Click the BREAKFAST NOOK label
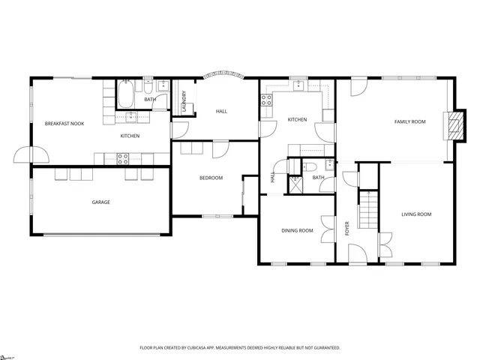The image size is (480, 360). point(64,123)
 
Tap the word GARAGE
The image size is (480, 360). point(101,202)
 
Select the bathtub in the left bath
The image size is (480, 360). point(126,95)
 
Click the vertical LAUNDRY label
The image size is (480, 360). point(184,101)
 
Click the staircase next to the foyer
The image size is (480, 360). point(367,210)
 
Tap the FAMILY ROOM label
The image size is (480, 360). point(409,121)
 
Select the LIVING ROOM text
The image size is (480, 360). point(416,214)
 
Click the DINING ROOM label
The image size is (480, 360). point(297,230)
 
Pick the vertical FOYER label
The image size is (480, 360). point(347,228)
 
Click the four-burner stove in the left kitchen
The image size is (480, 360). point(123,157)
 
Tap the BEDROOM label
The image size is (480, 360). point(211,178)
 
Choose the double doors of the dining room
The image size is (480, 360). point(327,229)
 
